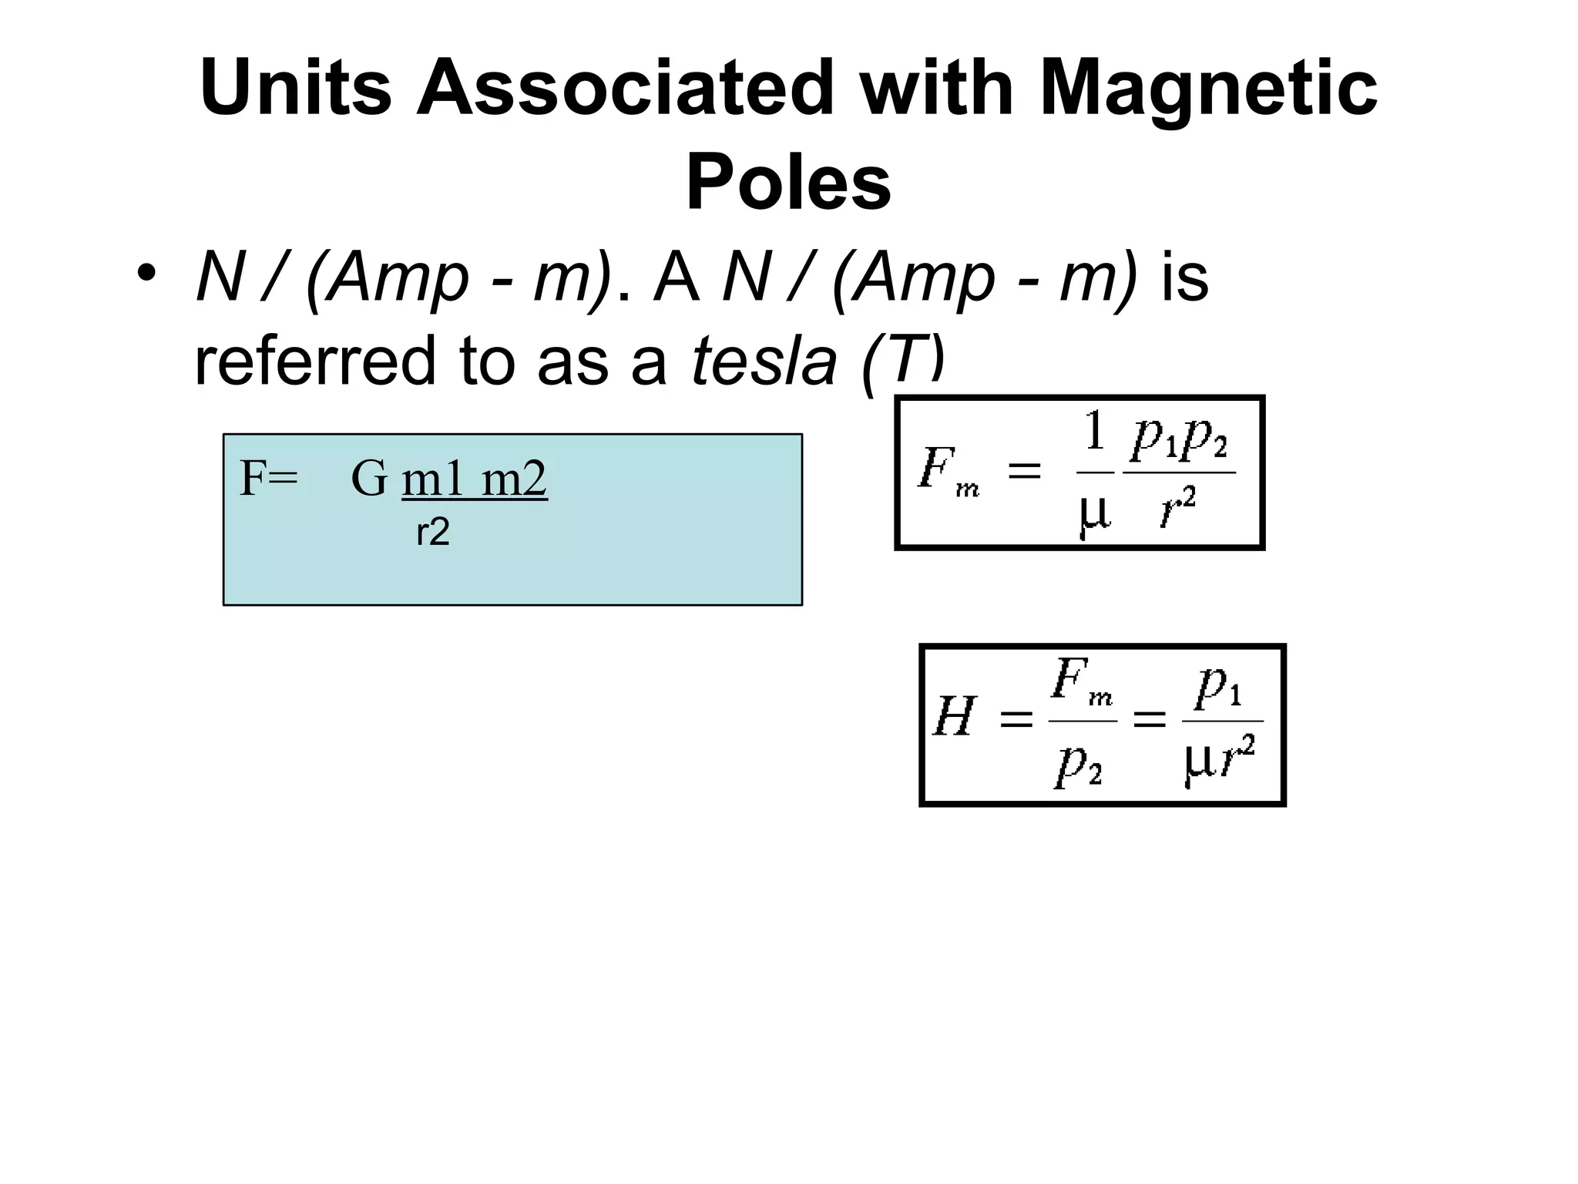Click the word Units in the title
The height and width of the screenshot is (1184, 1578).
point(295,89)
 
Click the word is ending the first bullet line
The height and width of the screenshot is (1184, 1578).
point(1184,277)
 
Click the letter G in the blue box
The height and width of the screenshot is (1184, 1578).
point(369,479)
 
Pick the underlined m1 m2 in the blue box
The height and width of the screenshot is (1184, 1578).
point(474,479)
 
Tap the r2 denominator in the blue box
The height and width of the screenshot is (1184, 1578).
point(432,533)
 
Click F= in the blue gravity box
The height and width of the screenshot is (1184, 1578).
point(269,479)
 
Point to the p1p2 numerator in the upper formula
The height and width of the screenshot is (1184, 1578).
point(1180,441)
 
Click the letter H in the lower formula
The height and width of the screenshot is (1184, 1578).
point(955,717)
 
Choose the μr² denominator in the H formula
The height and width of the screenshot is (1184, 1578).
point(1220,759)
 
